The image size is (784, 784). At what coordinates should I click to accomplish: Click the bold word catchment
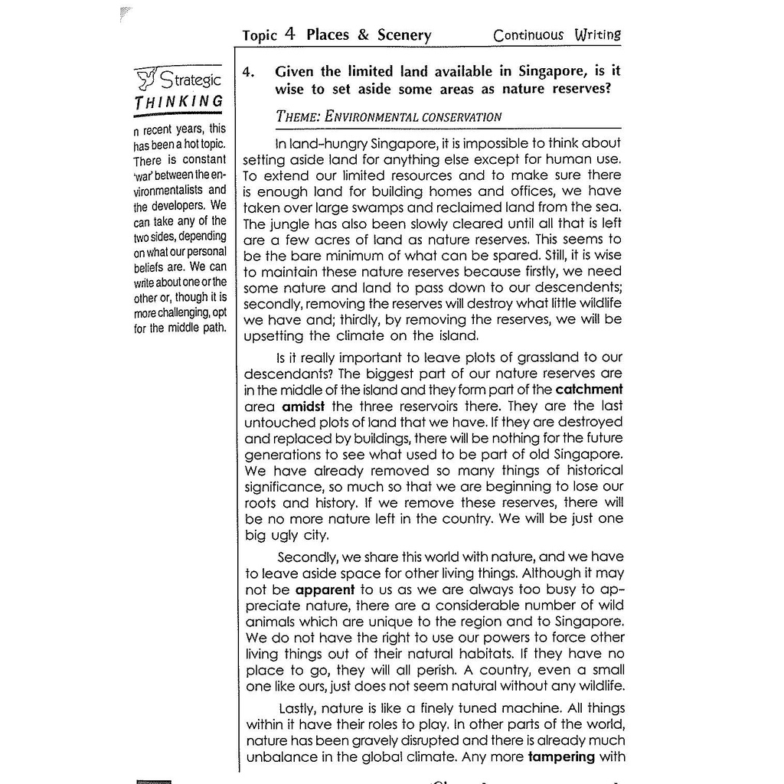pyautogui.click(x=589, y=389)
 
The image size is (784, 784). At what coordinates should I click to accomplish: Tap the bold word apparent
pyautogui.click(x=325, y=590)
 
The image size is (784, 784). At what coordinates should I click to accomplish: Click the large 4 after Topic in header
pyautogui.click(x=289, y=34)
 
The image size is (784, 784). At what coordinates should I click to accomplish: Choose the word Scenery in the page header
pyautogui.click(x=403, y=35)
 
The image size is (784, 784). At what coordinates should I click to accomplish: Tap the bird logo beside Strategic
pyautogui.click(x=146, y=77)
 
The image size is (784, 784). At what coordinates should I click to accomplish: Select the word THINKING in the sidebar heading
pyautogui.click(x=178, y=102)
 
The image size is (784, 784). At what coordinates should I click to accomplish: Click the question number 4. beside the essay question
pyautogui.click(x=248, y=72)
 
